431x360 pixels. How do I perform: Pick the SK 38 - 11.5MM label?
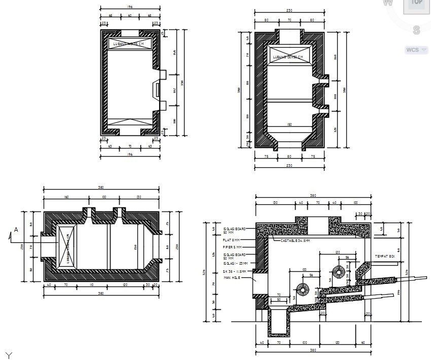pos(235,271)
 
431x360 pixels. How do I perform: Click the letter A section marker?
pos(16,230)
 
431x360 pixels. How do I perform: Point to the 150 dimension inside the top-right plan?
pos(289,124)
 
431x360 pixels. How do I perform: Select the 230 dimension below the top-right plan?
pos(289,165)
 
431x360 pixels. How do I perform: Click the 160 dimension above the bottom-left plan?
pos(66,197)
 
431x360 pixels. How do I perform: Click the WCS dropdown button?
pos(416,50)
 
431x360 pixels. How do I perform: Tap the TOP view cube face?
pos(417,3)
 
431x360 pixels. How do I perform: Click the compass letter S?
pos(416,30)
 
